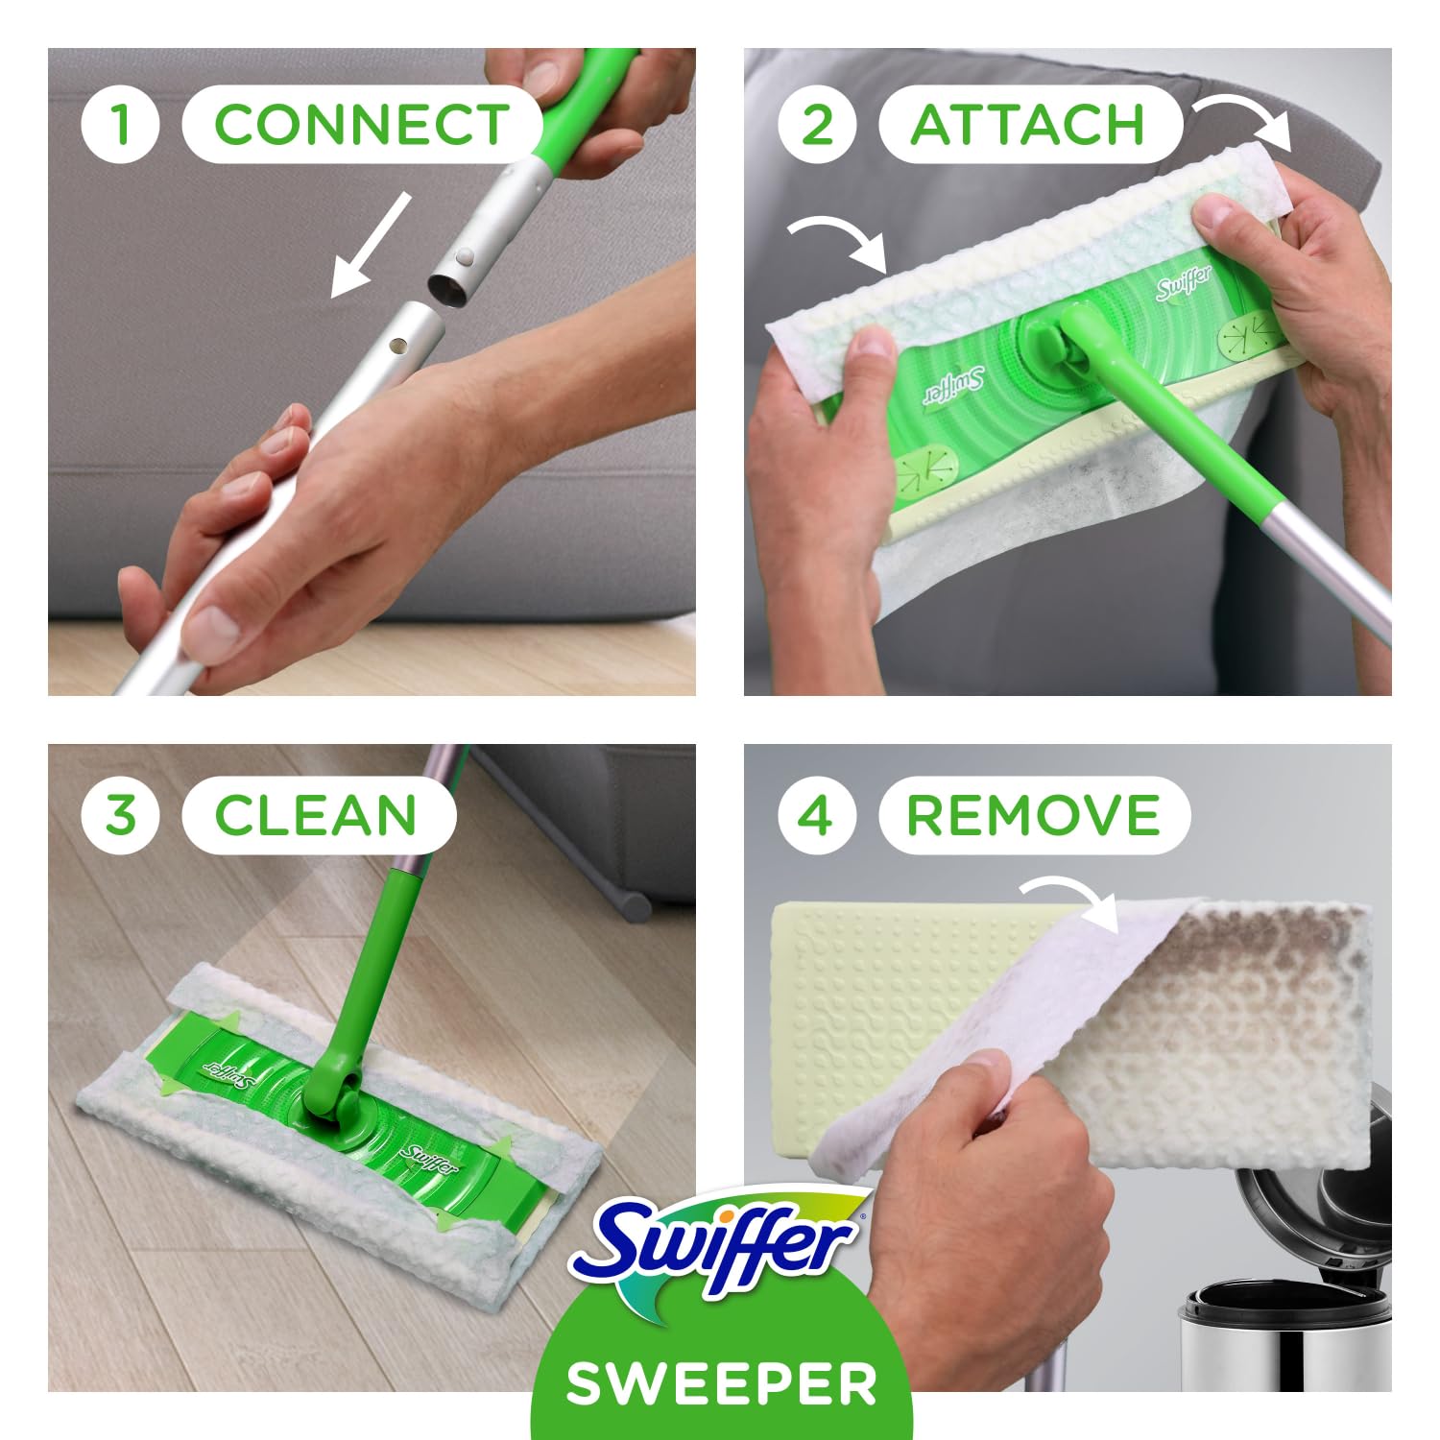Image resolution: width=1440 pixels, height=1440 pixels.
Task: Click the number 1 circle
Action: [120, 125]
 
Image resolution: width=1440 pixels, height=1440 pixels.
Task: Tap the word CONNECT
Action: [361, 125]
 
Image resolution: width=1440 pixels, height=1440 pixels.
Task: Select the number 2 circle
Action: [816, 125]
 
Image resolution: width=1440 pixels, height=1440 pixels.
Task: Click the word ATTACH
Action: [1027, 125]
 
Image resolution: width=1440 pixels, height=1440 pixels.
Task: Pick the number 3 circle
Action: [120, 816]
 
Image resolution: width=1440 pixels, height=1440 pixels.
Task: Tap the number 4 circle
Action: [816, 816]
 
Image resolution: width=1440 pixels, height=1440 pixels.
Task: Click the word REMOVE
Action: [1033, 816]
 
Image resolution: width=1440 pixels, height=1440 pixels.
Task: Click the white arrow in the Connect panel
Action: [371, 245]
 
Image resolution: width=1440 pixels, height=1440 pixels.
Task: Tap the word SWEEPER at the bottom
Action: [721, 1382]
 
